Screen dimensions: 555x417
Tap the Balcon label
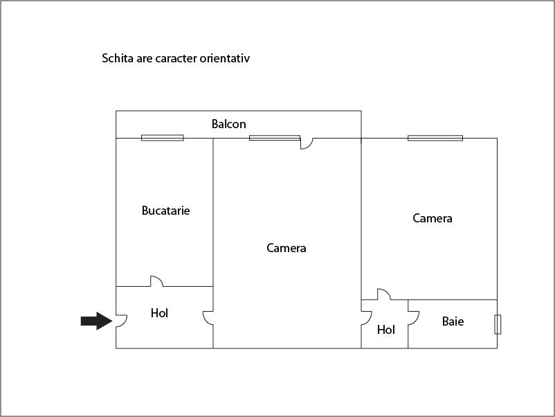[x=228, y=124]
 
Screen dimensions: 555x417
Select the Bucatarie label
[x=165, y=211]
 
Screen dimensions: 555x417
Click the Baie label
[x=453, y=321]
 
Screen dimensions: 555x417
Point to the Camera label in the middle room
[x=286, y=248]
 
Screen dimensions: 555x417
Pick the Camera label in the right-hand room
[x=433, y=218]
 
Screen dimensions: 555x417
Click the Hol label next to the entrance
[x=159, y=313]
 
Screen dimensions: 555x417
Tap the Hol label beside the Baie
[x=386, y=330]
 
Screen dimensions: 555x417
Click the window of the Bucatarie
[x=163, y=138]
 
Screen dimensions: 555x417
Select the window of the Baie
[x=498, y=324]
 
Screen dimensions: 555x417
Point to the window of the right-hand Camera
[x=435, y=138]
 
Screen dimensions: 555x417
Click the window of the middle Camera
[x=275, y=138]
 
